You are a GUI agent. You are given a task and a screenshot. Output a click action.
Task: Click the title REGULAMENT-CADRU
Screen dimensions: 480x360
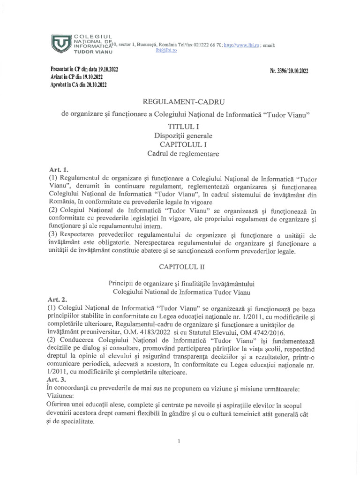coord(180,102)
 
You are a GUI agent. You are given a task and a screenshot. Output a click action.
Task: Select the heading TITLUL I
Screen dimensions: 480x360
coord(180,127)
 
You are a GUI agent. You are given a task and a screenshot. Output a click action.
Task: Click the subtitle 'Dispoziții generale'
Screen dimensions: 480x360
coord(180,135)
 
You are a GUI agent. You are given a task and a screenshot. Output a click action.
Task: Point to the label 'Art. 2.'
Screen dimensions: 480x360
coord(58,299)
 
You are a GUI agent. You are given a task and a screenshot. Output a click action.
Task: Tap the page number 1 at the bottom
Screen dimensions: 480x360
coord(180,441)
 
